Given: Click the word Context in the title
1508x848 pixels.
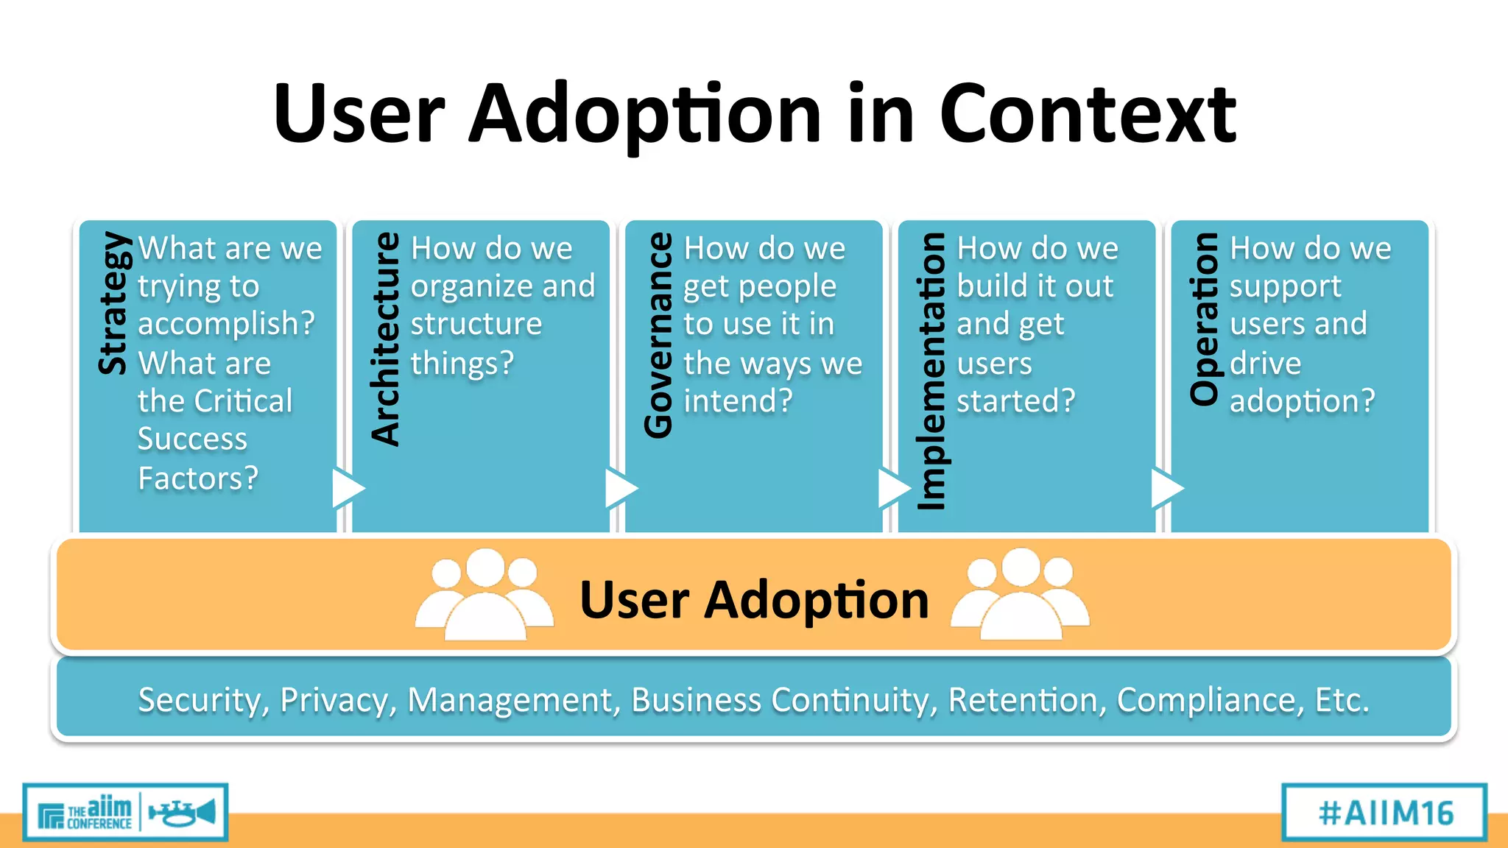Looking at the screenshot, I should (x=1088, y=114).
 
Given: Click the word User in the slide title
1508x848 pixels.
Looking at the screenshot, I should (x=359, y=114).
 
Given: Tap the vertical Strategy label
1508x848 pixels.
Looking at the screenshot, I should (x=114, y=303).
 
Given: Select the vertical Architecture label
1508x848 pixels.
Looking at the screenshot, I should (x=386, y=339).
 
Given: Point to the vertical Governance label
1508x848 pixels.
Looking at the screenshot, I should (x=658, y=335).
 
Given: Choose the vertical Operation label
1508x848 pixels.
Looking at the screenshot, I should (x=1205, y=318).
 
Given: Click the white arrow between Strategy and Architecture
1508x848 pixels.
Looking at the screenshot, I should (x=347, y=488).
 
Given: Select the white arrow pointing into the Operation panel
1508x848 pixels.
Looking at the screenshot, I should (x=1166, y=488).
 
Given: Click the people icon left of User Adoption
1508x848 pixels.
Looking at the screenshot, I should (x=484, y=595).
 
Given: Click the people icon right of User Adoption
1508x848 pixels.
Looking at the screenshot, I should (x=1020, y=595).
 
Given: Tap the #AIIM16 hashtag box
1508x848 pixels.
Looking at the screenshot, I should (x=1384, y=813).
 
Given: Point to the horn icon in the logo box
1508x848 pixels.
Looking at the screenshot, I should (x=183, y=813).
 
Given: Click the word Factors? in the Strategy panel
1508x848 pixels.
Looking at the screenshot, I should (x=198, y=478).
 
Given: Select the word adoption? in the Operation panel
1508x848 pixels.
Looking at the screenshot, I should (x=1302, y=401).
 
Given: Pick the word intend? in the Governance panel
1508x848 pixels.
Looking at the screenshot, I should (x=738, y=401).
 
